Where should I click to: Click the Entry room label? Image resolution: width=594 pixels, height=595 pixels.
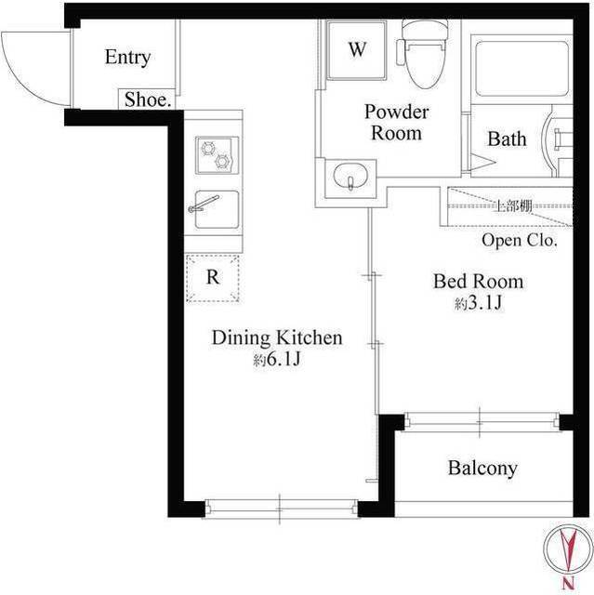[127, 58]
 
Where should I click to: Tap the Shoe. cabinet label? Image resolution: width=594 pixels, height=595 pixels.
[147, 100]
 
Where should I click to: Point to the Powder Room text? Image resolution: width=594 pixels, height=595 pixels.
[396, 123]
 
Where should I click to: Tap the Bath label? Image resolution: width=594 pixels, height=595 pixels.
[507, 139]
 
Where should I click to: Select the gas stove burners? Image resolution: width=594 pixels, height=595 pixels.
[217, 153]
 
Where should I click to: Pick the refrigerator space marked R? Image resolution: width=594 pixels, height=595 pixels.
[213, 276]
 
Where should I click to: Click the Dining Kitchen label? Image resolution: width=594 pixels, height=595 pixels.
[277, 337]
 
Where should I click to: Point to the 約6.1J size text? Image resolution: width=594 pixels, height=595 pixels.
[276, 360]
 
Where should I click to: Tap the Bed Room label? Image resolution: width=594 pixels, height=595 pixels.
[478, 281]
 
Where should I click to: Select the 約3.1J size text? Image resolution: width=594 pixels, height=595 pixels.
[478, 304]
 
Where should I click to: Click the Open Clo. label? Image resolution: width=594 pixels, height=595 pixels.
[519, 241]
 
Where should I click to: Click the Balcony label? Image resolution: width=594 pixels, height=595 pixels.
[482, 469]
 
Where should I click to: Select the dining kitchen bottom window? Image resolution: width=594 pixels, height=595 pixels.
[281, 508]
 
